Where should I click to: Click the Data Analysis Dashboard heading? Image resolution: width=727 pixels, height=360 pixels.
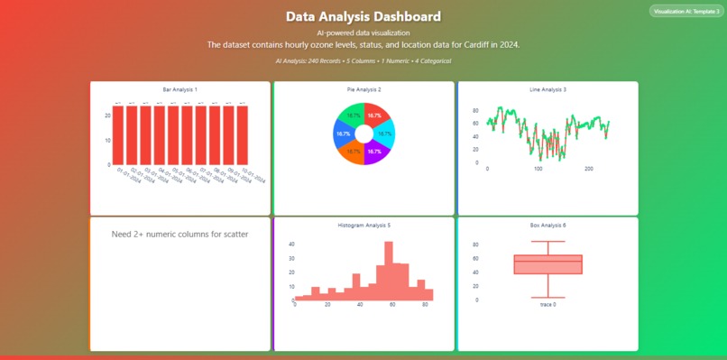pos(363,16)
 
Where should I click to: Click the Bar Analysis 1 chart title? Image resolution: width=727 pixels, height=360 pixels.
pos(179,89)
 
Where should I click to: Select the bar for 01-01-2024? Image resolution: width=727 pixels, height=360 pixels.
pos(117,135)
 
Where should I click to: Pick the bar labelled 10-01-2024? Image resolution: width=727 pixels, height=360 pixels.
pos(243,135)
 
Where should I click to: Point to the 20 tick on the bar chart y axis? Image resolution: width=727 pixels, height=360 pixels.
pos(107,115)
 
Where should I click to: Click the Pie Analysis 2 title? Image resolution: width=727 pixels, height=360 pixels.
pos(363,89)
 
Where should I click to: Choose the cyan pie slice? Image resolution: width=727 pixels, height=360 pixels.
pos(384,134)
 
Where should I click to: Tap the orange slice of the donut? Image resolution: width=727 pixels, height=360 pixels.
pos(354,149)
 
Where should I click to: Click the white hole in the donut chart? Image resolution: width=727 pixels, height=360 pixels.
pos(363,134)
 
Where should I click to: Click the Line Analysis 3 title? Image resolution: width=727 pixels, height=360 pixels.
pos(548,89)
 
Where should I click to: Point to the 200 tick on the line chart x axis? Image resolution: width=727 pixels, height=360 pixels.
pos(589,169)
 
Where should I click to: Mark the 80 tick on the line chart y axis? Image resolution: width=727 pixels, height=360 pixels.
pos(475,110)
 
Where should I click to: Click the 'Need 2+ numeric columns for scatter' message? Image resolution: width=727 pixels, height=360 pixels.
pos(179,235)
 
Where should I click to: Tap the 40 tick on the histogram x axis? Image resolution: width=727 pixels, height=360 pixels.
pos(360,305)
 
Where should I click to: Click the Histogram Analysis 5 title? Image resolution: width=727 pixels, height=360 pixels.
pos(363,225)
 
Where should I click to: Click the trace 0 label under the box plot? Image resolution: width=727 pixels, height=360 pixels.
pos(548,304)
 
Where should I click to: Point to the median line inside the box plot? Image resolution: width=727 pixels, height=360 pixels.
pos(548,262)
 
